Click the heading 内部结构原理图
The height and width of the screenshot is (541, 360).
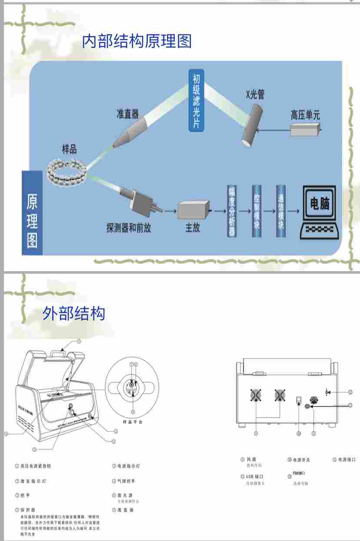(x=137, y=41)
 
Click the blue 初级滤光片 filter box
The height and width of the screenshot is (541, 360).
(x=196, y=100)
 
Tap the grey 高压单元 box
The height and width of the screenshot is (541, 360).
(x=306, y=129)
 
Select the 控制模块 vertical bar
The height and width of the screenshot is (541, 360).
(x=257, y=212)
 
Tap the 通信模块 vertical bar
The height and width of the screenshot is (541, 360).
(x=281, y=212)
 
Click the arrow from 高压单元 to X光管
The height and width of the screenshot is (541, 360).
(x=273, y=129)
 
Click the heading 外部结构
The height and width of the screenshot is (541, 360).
(x=74, y=313)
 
